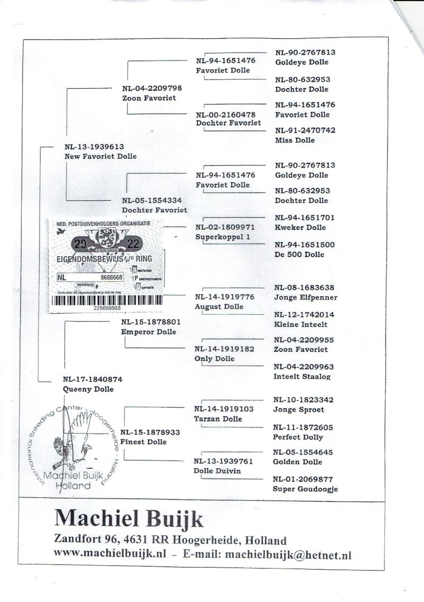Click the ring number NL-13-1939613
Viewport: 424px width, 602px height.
coord(93,147)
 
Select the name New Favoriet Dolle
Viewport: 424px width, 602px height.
coord(100,156)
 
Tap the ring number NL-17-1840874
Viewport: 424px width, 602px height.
coord(92,379)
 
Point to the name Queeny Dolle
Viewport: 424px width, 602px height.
coord(88,389)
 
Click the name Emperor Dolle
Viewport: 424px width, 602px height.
coord(148,332)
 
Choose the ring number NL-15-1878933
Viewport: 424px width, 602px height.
coord(151,432)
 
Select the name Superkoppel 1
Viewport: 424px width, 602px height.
coord(223,237)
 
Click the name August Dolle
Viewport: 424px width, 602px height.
coord(219,306)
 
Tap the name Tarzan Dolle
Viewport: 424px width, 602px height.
coord(218,419)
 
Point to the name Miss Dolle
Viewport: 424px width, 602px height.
coord(295,140)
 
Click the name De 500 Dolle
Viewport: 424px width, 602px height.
coord(299,254)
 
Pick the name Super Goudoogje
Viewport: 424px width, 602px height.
coord(305,489)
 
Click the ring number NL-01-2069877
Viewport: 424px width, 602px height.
coord(303,479)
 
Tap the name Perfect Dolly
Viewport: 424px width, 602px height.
coord(297,437)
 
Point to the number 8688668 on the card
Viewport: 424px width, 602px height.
coord(111,278)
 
